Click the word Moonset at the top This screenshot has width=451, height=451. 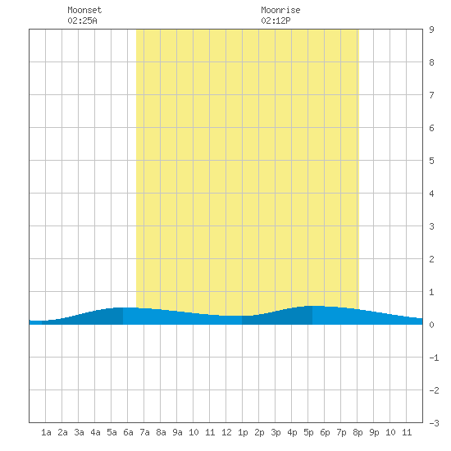pyautogui.click(x=84, y=10)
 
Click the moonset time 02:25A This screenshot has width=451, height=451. pyautogui.click(x=82, y=20)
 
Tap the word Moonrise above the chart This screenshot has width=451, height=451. pyautogui.click(x=280, y=10)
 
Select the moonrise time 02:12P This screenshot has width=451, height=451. pyautogui.click(x=276, y=20)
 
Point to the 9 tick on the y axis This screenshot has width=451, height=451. pyautogui.click(x=431, y=30)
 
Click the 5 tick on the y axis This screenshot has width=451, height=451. pyautogui.click(x=431, y=161)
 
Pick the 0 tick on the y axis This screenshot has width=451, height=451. pyautogui.click(x=431, y=325)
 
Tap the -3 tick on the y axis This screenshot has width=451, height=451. pyautogui.click(x=434, y=423)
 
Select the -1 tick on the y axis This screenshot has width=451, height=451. pyautogui.click(x=434, y=358)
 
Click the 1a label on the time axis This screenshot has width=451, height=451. pyautogui.click(x=46, y=432)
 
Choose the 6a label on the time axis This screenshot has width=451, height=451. pyautogui.click(x=128, y=432)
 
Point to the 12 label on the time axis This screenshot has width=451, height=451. pyautogui.click(x=226, y=432)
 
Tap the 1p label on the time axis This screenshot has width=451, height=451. pyautogui.click(x=243, y=432)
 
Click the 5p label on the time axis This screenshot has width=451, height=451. pyautogui.click(x=308, y=432)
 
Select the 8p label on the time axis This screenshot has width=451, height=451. pyautogui.click(x=358, y=432)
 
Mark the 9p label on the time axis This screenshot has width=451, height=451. pyautogui.click(x=374, y=432)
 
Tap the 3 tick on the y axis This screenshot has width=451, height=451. pyautogui.click(x=431, y=226)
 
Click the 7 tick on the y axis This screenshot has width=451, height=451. pyautogui.click(x=431, y=95)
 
